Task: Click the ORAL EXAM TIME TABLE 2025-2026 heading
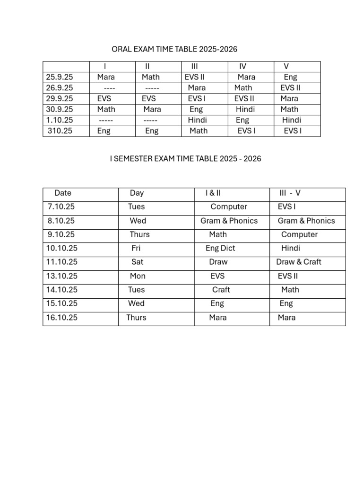pos(174,49)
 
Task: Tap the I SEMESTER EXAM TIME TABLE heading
pos(185,159)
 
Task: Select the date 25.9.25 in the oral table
pos(60,77)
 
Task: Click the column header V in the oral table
pos(286,66)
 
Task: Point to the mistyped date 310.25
pos(60,131)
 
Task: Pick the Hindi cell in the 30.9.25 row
pos(245,109)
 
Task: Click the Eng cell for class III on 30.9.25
pos(196,109)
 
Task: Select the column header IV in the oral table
pos(243,66)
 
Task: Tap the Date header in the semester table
pos(63,193)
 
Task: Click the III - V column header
pos(290,193)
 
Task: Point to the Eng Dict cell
pos(220,248)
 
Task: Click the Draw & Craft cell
pos(299,262)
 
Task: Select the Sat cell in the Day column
pos(138,262)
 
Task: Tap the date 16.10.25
pos(62,318)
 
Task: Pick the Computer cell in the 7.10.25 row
pos(229,207)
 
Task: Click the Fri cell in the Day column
pos(136,248)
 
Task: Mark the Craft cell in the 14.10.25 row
pos(221,290)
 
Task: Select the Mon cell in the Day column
pos(138,276)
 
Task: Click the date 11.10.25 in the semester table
pos(62,262)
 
